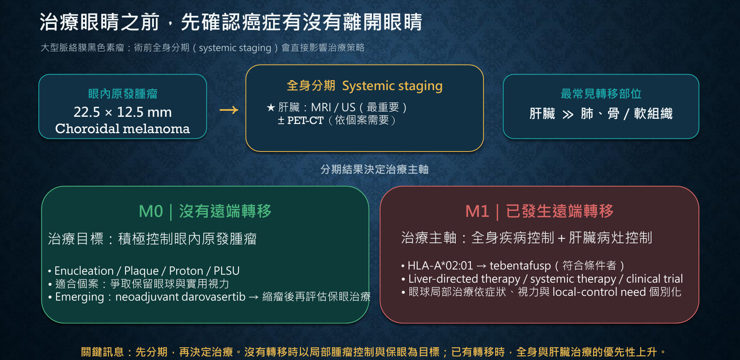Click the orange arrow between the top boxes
click(229, 110)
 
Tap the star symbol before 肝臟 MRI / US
click(271, 107)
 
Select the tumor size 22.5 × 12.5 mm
click(122, 112)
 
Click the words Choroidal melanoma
click(122, 128)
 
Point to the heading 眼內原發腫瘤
click(123, 94)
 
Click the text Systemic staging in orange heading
click(392, 86)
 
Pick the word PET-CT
click(305, 120)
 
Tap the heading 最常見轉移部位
click(601, 94)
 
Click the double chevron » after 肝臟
click(568, 115)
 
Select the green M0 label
click(151, 211)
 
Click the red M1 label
click(477, 211)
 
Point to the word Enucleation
click(84, 271)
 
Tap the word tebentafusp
click(520, 266)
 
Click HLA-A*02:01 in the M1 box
click(440, 266)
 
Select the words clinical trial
click(654, 279)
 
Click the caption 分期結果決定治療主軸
click(374, 169)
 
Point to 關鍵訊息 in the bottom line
click(102, 352)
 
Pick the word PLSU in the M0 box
click(226, 271)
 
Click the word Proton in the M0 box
click(186, 271)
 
